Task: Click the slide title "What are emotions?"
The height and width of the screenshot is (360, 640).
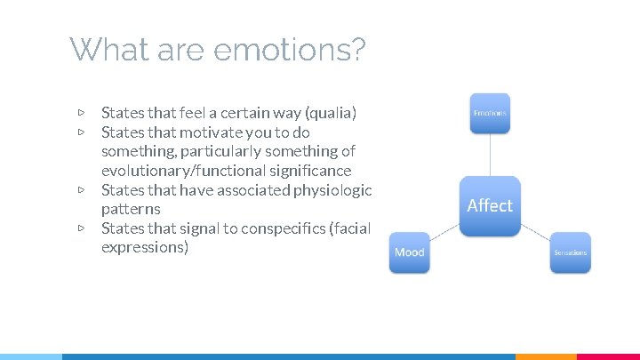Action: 217,50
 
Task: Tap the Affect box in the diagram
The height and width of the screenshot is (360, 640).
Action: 490,205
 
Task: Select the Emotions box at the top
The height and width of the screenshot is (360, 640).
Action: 490,114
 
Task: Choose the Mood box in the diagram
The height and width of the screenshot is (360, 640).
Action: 409,252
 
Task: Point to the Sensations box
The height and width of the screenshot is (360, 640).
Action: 570,252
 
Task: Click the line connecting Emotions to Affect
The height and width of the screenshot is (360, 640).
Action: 490,156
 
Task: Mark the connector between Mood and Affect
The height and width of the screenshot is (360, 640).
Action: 444,230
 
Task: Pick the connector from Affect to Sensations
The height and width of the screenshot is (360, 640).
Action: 535,230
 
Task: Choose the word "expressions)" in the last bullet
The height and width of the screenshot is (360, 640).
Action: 145,248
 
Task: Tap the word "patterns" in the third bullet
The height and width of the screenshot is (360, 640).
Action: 131,210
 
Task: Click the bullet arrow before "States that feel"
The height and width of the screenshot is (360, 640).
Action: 81,113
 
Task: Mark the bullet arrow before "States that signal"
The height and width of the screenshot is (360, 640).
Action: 81,228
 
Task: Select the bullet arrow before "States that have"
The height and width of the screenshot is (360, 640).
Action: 81,190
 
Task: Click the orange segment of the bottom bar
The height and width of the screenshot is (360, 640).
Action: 546,356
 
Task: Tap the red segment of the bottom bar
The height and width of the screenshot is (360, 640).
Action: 608,356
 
